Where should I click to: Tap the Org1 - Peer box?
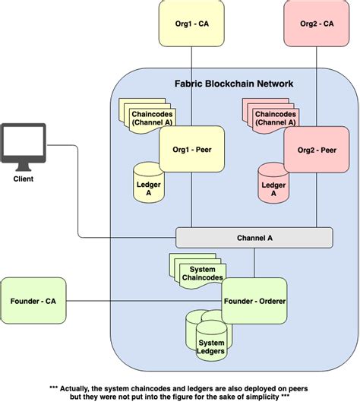coord(191,149)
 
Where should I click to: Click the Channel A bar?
coord(254,238)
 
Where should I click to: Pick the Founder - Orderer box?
coord(254,302)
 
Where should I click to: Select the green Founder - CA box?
coord(33,302)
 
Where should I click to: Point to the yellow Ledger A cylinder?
coord(148,183)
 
